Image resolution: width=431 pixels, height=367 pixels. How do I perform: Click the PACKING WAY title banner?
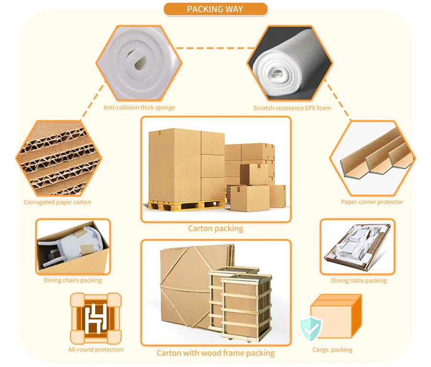(215, 9)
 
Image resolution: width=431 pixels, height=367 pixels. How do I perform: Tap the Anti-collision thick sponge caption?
(139, 107)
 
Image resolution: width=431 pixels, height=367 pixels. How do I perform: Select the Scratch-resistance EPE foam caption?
(292, 108)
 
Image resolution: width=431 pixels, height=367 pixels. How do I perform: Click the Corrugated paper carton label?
(57, 202)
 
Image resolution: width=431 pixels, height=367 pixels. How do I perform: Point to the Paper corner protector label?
(372, 202)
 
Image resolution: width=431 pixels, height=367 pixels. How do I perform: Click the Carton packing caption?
(215, 228)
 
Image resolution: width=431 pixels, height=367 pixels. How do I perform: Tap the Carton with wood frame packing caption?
(215, 353)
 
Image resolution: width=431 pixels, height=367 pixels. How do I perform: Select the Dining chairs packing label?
(73, 280)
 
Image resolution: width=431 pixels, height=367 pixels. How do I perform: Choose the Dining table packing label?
(359, 280)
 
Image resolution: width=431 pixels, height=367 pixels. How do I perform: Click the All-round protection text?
(96, 349)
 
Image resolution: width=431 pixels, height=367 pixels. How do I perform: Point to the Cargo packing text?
(332, 350)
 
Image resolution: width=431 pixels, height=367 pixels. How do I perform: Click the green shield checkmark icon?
(311, 329)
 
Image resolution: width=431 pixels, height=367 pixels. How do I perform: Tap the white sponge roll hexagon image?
(139, 63)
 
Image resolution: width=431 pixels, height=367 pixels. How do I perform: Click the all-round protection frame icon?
(96, 318)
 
